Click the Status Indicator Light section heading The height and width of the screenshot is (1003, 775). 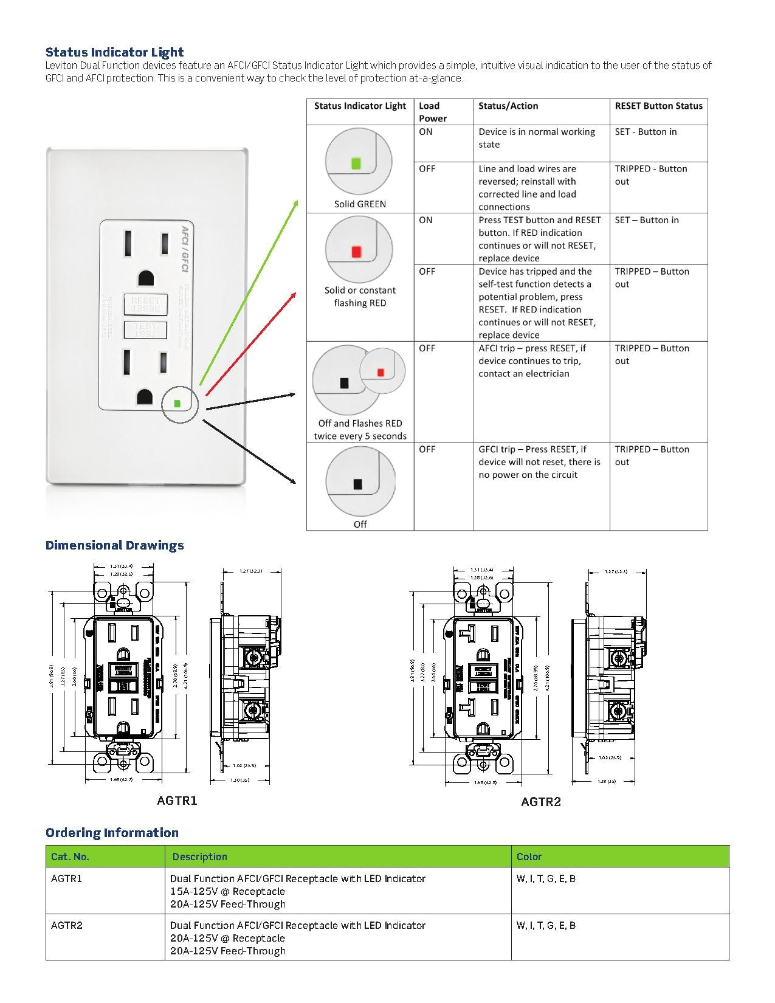tap(114, 52)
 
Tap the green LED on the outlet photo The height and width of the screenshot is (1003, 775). tap(177, 403)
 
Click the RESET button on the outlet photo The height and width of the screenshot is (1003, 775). tap(145, 303)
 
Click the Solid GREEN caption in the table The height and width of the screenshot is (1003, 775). tap(360, 204)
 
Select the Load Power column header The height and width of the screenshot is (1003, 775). tap(432, 112)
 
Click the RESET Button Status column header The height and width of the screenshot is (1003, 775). tap(658, 106)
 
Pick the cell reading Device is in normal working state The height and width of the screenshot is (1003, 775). tap(537, 138)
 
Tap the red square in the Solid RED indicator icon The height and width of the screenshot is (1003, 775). tap(357, 251)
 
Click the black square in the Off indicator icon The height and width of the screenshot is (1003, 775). tap(357, 484)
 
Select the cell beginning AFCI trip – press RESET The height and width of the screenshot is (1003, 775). tap(532, 360)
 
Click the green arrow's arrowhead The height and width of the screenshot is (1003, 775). tap(297, 203)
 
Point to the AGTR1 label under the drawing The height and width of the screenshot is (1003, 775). tap(177, 801)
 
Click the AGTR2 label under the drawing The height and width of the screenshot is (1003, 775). tap(540, 802)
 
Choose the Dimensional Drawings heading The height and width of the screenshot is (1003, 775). tap(114, 545)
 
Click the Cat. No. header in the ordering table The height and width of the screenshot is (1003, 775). tap(70, 857)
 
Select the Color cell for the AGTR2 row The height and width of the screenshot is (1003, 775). tap(546, 925)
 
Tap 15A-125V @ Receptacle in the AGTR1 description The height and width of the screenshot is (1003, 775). tap(227, 891)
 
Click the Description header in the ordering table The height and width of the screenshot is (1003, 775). tap(199, 857)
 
